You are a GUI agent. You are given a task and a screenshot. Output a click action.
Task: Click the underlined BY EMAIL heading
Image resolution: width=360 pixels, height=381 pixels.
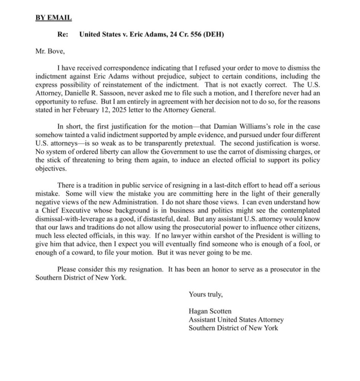click(54, 17)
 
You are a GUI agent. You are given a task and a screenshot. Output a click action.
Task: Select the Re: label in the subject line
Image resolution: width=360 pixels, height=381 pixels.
click(62, 35)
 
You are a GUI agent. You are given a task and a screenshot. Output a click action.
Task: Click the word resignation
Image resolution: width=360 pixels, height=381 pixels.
click(145, 269)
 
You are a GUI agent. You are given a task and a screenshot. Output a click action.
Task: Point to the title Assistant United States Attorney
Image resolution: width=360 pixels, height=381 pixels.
click(236, 320)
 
